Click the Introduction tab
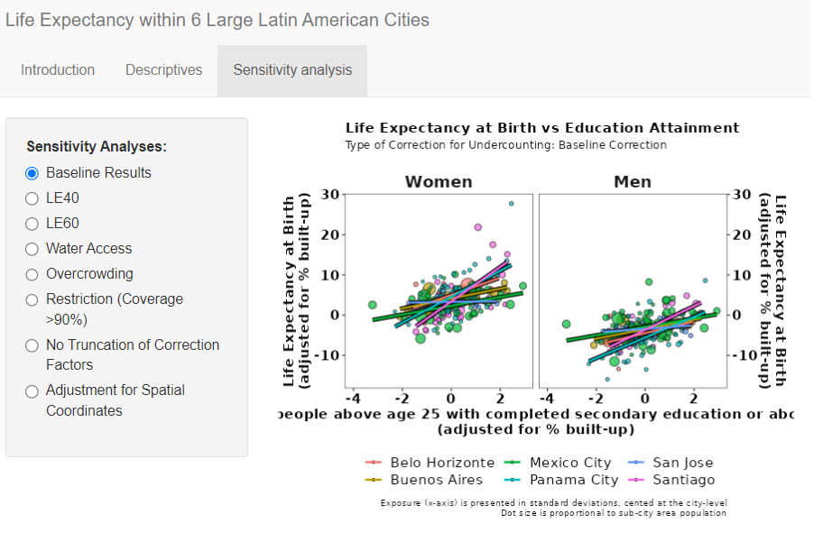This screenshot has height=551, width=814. click(x=58, y=70)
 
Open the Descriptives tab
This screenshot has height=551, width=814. click(x=163, y=70)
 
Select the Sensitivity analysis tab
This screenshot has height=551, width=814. click(x=292, y=70)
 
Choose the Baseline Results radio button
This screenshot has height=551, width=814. click(x=32, y=173)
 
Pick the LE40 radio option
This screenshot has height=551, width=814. click(x=32, y=198)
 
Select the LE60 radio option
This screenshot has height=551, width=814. click(x=32, y=224)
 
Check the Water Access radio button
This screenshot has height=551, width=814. click(x=32, y=249)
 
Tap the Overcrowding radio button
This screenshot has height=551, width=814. click(x=32, y=274)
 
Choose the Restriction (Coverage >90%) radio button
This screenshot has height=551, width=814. click(x=32, y=299)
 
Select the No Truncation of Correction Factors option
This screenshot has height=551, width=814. click(x=32, y=345)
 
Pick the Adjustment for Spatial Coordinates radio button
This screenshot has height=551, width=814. click(x=32, y=390)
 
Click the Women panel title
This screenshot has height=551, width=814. click(x=439, y=182)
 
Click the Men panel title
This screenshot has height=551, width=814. click(x=633, y=182)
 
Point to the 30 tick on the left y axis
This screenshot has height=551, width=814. click(x=329, y=195)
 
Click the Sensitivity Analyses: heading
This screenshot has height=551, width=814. click(x=97, y=146)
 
